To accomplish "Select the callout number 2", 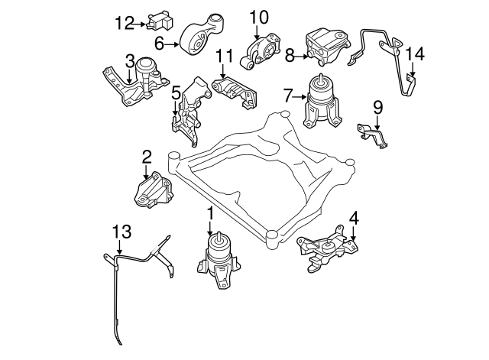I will point(146,157).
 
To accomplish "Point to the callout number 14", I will point(413,54).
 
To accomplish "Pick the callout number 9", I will point(377,105).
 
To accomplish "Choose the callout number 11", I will point(223,55).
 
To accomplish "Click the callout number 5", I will point(176,93).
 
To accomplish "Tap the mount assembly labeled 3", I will point(138,80).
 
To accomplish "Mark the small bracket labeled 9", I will point(374,133).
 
